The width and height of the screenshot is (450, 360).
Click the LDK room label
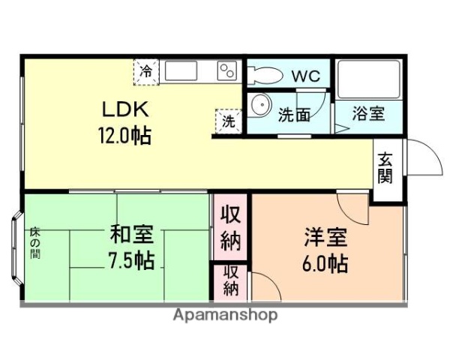[x=126, y=109]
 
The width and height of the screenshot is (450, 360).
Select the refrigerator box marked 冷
[x=146, y=71]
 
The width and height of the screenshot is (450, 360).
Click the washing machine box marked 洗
[x=227, y=120]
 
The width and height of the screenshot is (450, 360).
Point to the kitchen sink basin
[x=180, y=71]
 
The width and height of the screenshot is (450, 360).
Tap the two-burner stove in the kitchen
[x=226, y=71]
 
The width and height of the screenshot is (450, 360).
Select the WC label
[x=305, y=76]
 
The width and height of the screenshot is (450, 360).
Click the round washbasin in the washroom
[x=260, y=105]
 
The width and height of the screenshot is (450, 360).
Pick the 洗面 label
[x=294, y=115]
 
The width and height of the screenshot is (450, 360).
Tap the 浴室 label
[x=368, y=115]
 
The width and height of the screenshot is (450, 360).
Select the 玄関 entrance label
[x=385, y=168]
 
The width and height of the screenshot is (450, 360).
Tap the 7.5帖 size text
[x=131, y=261]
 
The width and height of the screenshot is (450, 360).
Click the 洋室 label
[x=325, y=238]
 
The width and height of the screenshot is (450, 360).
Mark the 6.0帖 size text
[x=325, y=264]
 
